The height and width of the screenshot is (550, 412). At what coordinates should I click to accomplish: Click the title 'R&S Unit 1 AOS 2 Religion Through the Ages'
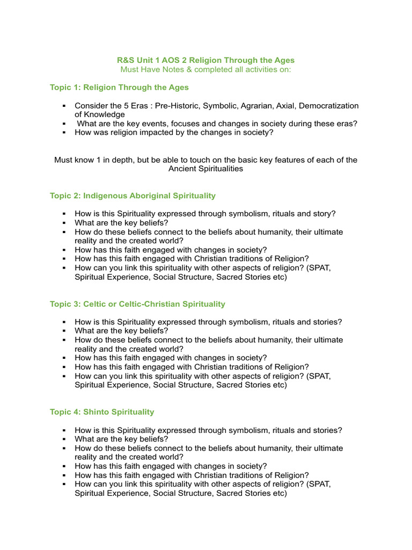(x=206, y=60)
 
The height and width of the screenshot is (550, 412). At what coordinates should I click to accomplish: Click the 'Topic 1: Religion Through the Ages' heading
(x=119, y=87)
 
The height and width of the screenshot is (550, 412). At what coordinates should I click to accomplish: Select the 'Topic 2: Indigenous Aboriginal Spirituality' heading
(x=133, y=196)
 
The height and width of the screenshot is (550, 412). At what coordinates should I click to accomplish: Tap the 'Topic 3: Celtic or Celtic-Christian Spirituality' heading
(x=137, y=304)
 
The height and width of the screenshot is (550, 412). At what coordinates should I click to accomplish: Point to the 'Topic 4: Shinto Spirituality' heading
(x=102, y=412)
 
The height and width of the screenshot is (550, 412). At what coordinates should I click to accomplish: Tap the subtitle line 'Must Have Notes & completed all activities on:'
(x=206, y=69)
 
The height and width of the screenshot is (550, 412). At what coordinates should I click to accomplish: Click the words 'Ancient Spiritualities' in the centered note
(x=206, y=169)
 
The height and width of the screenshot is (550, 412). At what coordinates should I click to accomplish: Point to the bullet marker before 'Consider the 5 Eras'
(x=63, y=106)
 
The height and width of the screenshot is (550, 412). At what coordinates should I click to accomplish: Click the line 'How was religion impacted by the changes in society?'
(x=174, y=132)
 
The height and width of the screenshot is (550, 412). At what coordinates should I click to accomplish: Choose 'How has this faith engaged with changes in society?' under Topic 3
(x=171, y=358)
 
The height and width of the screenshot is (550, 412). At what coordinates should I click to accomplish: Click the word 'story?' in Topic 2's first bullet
(x=323, y=213)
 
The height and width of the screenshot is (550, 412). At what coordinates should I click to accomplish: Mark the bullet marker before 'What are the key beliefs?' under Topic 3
(x=63, y=331)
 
